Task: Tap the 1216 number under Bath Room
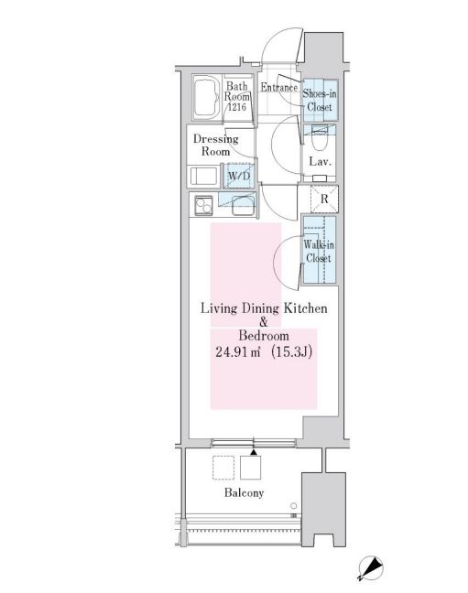pos(238,107)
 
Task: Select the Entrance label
pos(278,88)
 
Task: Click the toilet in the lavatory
pos(319,139)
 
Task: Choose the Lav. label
pos(319,162)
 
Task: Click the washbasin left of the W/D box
pos(204,176)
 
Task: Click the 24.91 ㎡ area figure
pos(236,352)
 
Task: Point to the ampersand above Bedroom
pos(264,323)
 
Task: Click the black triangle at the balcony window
pos(253,451)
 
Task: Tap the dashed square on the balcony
pos(223,468)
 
